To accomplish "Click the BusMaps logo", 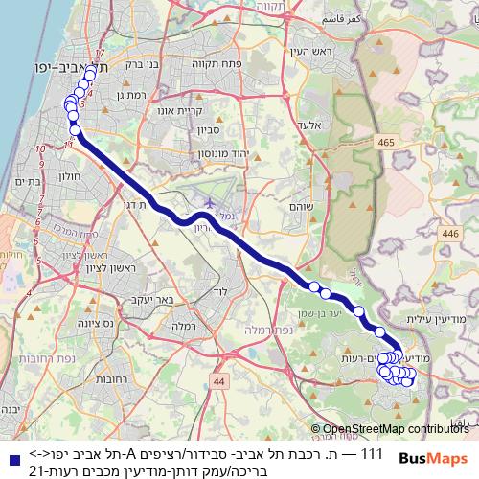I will pyautogui.click(x=439, y=458).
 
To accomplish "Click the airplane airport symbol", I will pyautogui.click(x=209, y=203).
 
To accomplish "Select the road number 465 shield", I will pyautogui.click(x=387, y=143).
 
